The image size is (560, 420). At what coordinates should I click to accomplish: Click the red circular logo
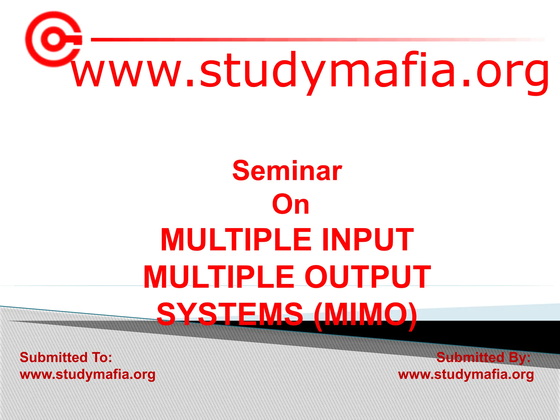pyautogui.click(x=53, y=39)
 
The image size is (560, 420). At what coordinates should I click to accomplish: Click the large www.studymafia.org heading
pyautogui.click(x=310, y=71)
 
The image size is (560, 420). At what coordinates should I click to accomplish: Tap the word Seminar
pyautogui.click(x=287, y=171)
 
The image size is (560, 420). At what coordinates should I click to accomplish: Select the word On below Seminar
pyautogui.click(x=291, y=204)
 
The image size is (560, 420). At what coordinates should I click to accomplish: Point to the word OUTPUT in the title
pyautogui.click(x=367, y=277)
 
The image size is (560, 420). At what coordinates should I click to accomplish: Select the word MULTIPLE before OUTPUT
pyautogui.click(x=219, y=277)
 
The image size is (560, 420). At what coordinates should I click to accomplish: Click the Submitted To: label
pyautogui.click(x=66, y=357)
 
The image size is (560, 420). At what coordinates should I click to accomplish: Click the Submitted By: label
pyautogui.click(x=483, y=357)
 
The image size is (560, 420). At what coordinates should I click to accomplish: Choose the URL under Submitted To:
pyautogui.click(x=87, y=375)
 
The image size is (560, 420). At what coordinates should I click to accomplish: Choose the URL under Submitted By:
pyautogui.click(x=466, y=375)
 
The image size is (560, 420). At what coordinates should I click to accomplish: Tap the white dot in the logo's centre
pyautogui.click(x=53, y=39)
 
